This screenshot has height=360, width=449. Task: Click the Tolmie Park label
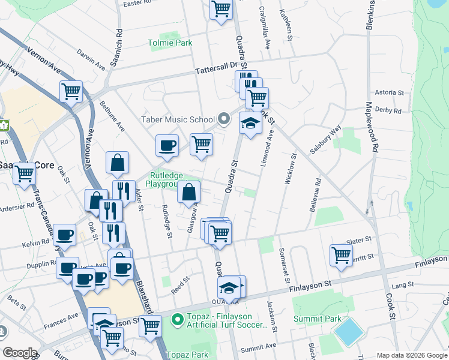(170, 43)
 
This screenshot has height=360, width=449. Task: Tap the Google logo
(19, 353)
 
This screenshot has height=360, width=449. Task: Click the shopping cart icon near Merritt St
(341, 254)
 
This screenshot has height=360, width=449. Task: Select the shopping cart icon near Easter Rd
(221, 9)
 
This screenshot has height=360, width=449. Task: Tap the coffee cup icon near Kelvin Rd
(64, 235)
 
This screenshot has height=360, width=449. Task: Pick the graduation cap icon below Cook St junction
(250, 123)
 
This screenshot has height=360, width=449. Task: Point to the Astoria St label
(389, 92)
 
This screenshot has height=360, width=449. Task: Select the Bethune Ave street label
(113, 117)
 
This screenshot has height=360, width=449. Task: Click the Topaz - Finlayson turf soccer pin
(177, 320)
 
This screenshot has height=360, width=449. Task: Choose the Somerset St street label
(284, 265)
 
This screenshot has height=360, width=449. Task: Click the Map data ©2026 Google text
(412, 354)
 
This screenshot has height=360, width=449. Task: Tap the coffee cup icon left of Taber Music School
(167, 145)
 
